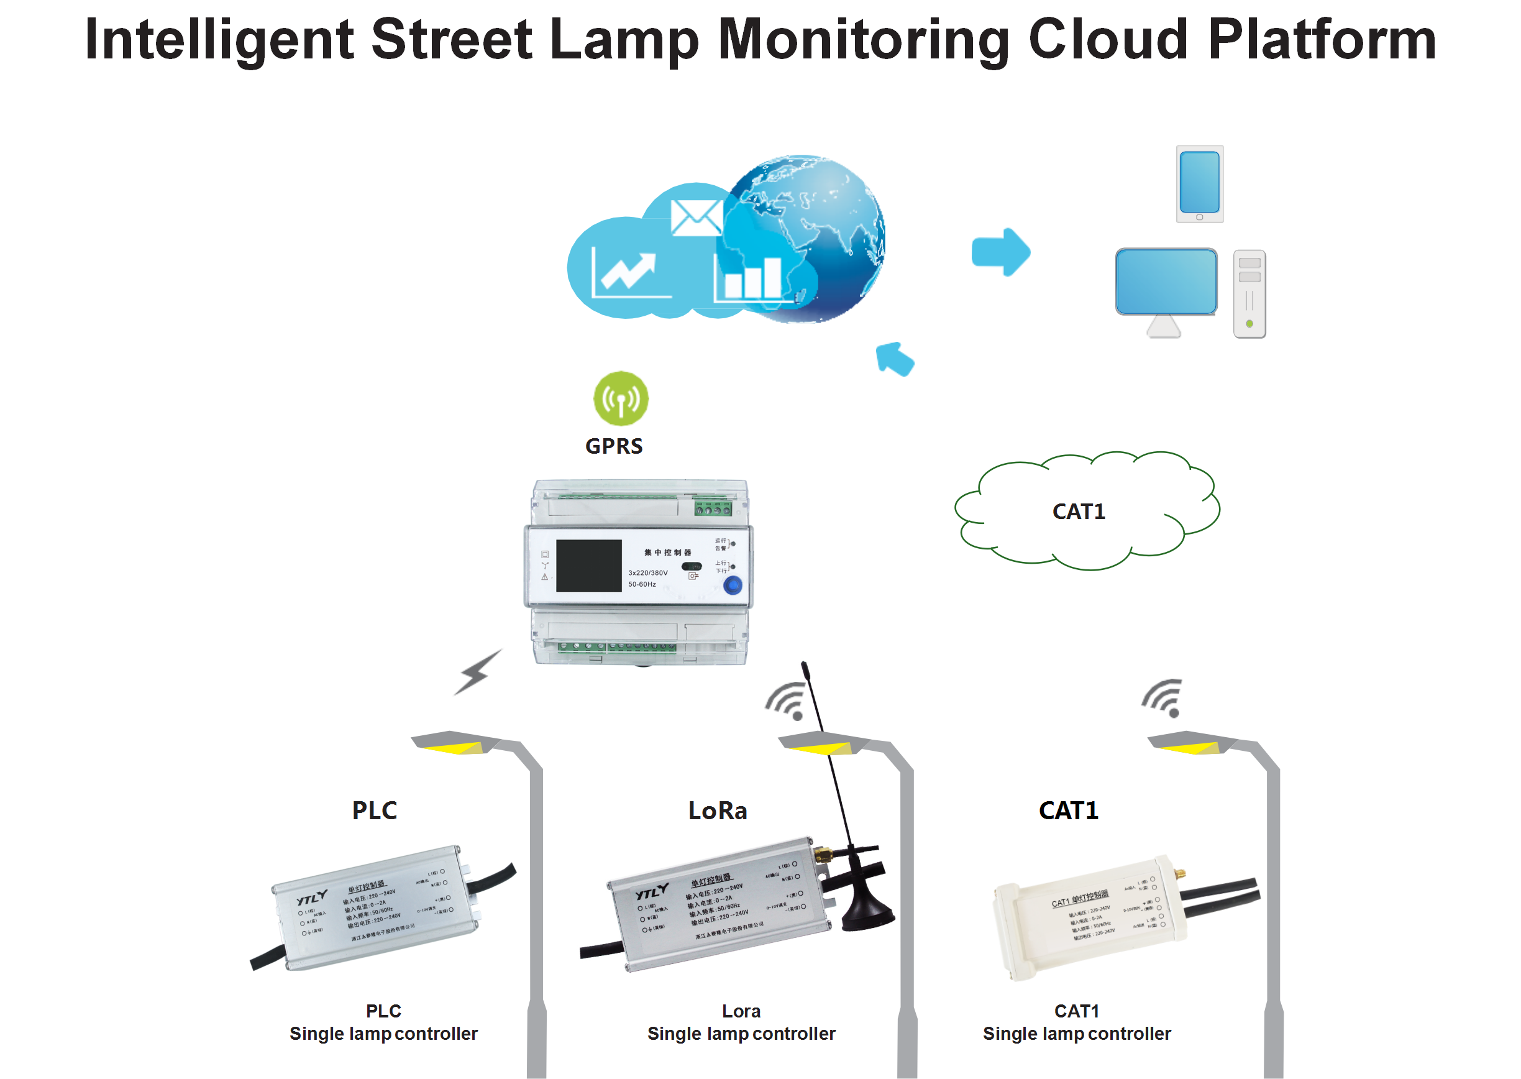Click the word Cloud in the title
pyautogui.click(x=1108, y=40)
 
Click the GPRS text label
pyautogui.click(x=614, y=446)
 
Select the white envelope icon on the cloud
pyautogui.click(x=695, y=218)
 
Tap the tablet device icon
pyautogui.click(x=1200, y=184)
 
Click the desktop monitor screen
pyautogui.click(x=1166, y=281)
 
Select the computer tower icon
pyautogui.click(x=1249, y=293)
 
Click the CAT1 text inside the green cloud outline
pyautogui.click(x=1079, y=512)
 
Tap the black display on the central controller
pyautogui.click(x=588, y=566)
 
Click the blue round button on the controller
pyautogui.click(x=733, y=585)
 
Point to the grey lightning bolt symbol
pyautogui.click(x=477, y=673)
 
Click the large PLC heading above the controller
pyautogui.click(x=375, y=810)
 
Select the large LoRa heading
pyautogui.click(x=718, y=810)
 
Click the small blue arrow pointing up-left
pyautogui.click(x=895, y=359)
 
